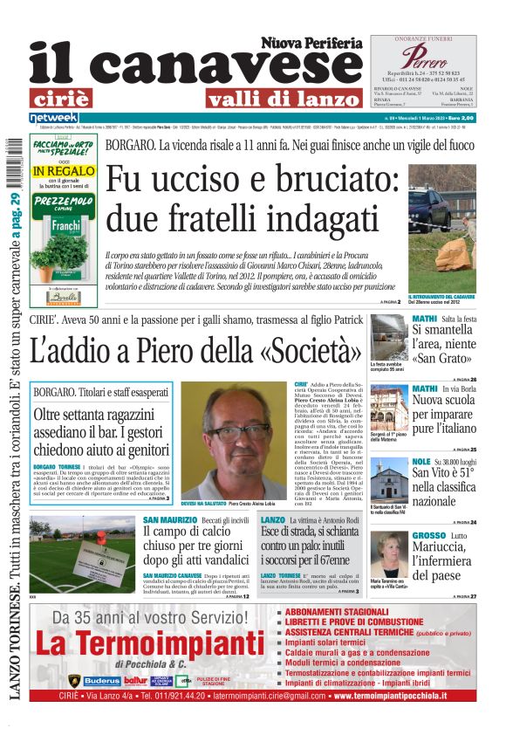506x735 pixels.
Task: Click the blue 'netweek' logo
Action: coord(53,117)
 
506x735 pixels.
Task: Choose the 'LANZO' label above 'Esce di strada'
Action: coord(272,519)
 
